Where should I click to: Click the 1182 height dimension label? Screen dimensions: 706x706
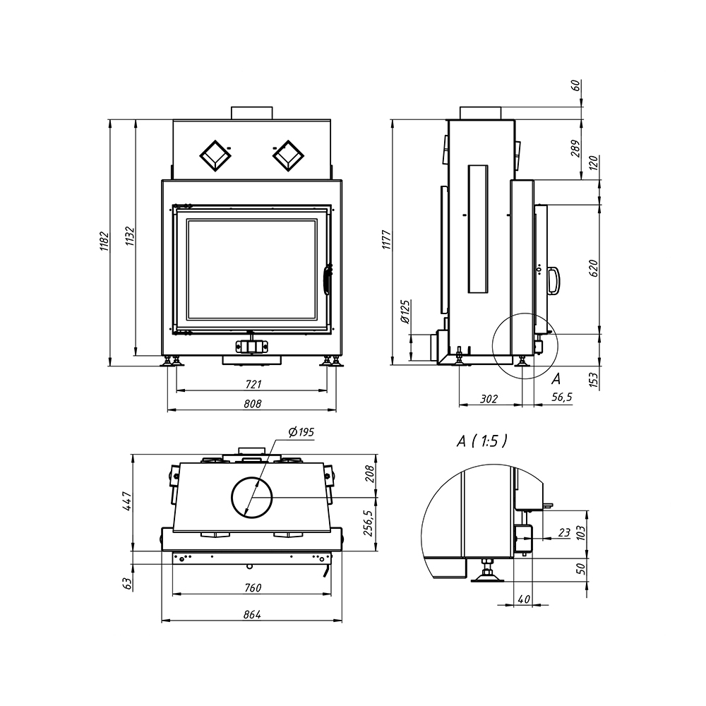point(104,241)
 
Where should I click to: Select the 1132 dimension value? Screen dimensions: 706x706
point(130,236)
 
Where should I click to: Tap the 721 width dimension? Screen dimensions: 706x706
point(253,384)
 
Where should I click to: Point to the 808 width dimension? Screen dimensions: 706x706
point(253,404)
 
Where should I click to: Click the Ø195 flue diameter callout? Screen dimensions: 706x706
point(301,432)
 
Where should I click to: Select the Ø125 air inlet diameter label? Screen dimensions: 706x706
point(405,311)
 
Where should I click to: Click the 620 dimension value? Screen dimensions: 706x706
point(594,268)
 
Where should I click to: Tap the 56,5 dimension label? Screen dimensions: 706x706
point(562,397)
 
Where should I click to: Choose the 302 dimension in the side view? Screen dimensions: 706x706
point(489,398)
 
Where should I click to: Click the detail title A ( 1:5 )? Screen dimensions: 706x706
point(481,441)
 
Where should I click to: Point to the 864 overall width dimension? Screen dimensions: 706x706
point(252,614)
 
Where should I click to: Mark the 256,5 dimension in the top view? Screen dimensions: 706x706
point(369,523)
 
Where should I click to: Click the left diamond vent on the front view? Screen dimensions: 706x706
point(215,156)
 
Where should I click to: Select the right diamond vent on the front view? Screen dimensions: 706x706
point(288,156)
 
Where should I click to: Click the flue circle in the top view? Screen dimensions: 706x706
point(252,498)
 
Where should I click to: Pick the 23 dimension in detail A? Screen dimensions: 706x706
point(564,533)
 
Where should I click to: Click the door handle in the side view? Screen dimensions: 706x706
point(554,281)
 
